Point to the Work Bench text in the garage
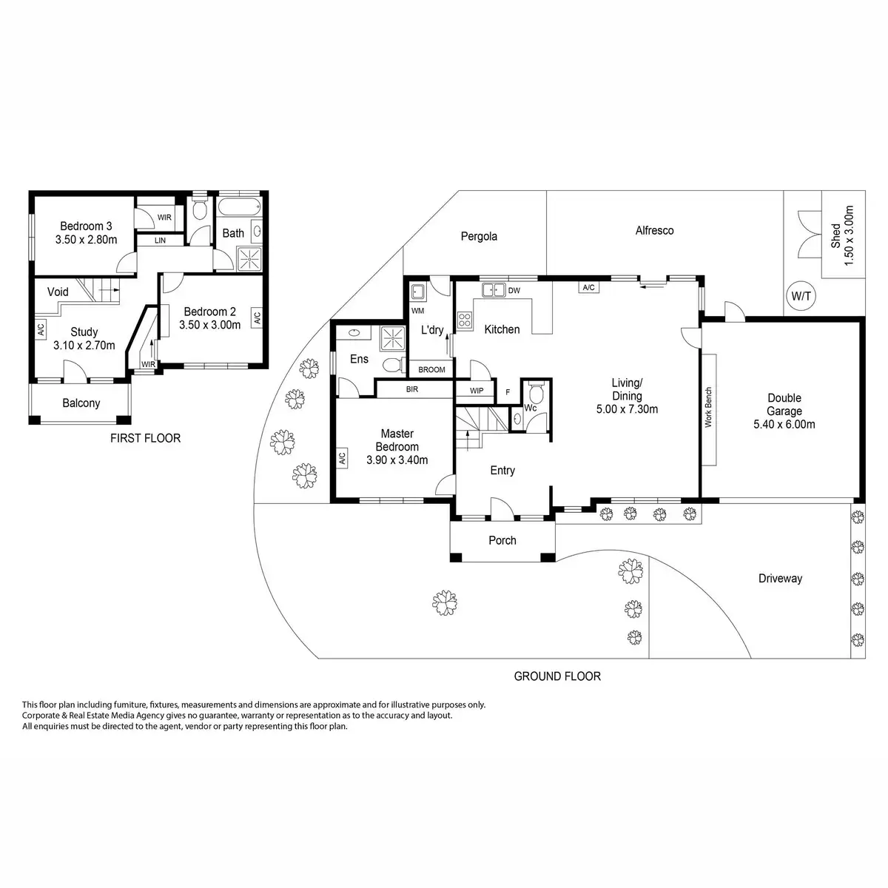[708, 408]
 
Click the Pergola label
[479, 237]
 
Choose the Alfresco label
[654, 230]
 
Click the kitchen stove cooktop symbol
[465, 320]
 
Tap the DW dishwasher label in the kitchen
[514, 291]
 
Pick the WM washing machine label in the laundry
[417, 311]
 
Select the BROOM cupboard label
[431, 369]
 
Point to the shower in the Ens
[393, 340]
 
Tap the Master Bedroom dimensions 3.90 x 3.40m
[397, 460]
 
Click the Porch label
[502, 540]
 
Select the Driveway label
[780, 579]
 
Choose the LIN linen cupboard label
[160, 241]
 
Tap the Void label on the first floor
[58, 292]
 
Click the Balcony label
[81, 403]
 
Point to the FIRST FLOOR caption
[145, 438]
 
